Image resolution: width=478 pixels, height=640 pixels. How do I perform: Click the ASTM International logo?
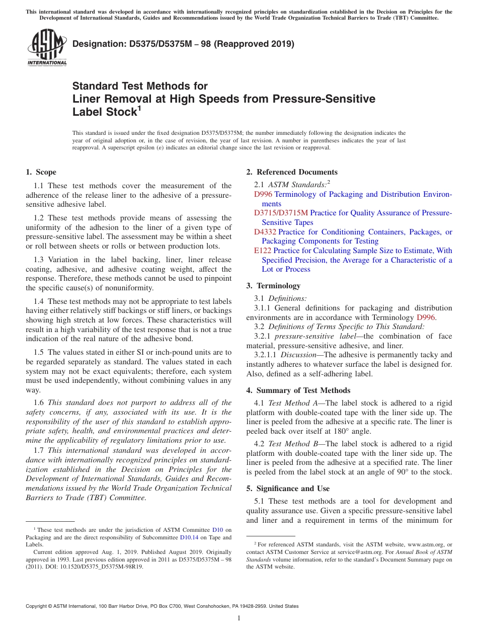tap(47, 48)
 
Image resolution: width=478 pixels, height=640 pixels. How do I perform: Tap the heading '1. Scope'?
tap(41, 172)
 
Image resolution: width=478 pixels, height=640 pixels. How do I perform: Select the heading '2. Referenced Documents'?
tap(292, 172)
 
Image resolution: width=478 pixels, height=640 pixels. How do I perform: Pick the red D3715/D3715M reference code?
tap(281, 213)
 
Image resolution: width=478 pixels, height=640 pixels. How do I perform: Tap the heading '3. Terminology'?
tap(273, 286)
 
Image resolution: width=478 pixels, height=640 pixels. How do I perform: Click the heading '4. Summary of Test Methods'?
tap(298, 390)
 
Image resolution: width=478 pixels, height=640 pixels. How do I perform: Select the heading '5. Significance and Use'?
tap(293, 489)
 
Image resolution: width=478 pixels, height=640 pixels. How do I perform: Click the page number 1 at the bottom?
tap(239, 618)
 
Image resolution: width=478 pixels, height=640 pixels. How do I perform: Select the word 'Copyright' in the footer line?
tap(38, 606)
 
